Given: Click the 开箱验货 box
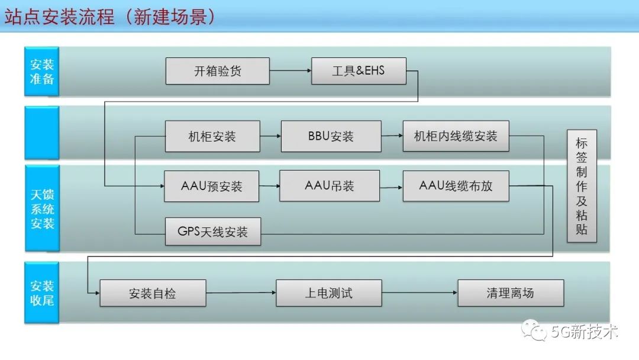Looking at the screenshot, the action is pos(217,71).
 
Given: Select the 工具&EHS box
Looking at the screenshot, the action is pos(359,71).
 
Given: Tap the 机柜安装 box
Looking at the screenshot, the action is pos(212,136).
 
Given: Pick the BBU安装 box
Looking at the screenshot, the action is pos(331,136).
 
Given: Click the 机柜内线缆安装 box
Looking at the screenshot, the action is pos(456,136).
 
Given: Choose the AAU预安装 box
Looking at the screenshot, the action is pos(211,186).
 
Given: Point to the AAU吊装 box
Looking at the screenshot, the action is pos(330,186).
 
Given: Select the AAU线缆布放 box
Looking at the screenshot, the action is pos(456,186).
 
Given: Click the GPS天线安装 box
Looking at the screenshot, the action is pos(213,232).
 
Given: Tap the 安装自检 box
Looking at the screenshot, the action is pos(153,292).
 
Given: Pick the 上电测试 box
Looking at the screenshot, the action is pos(329,292).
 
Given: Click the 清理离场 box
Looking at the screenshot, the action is pos(511,292).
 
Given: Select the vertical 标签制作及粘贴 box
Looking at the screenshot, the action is pos(582,186).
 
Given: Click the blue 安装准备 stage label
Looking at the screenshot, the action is pos(41,72).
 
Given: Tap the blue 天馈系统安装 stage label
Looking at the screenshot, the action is pos(42,208).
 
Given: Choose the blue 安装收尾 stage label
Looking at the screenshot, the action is pos(41,292).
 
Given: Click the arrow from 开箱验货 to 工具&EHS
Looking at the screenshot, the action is pos(290,71).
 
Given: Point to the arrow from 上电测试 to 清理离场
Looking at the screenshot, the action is pos(419,292).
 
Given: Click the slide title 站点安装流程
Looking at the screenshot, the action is pos(60,17).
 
